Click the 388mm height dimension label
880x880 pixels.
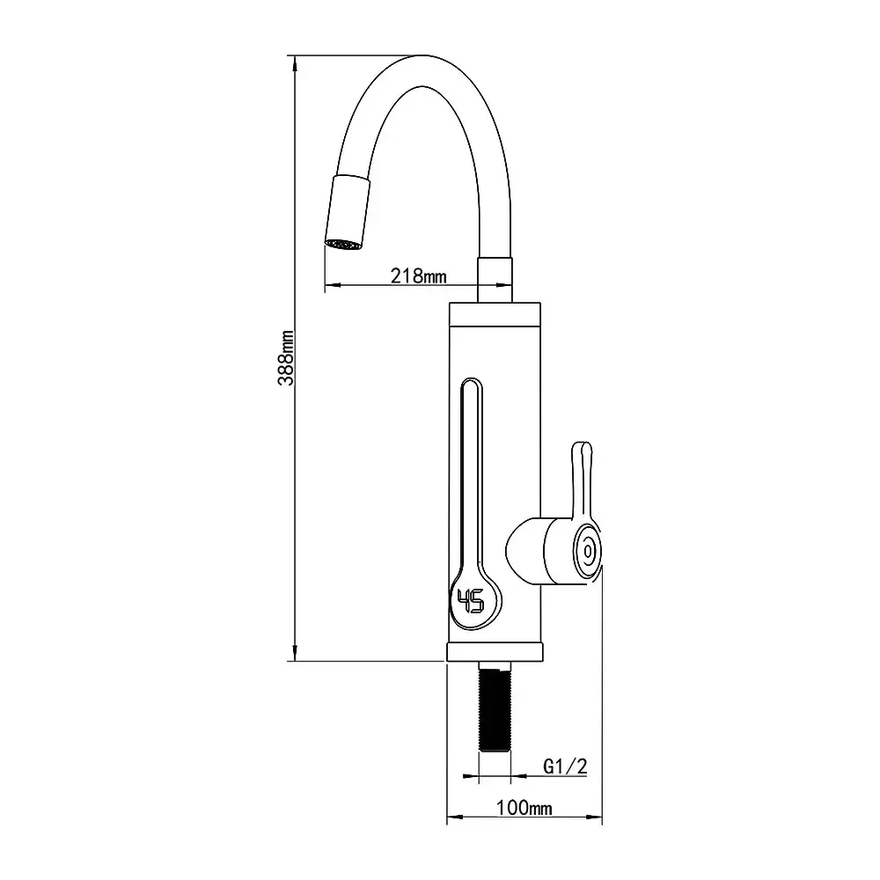pyautogui.click(x=286, y=358)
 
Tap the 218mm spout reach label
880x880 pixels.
pyautogui.click(x=419, y=276)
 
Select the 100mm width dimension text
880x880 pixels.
pyautogui.click(x=524, y=808)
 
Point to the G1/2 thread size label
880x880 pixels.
pyautogui.click(x=565, y=766)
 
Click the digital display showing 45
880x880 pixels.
pyautogui.click(x=471, y=602)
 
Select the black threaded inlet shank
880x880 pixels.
pyautogui.click(x=495, y=707)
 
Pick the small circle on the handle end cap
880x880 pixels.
pyautogui.click(x=588, y=552)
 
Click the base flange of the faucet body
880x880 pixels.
pyautogui.click(x=495, y=651)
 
